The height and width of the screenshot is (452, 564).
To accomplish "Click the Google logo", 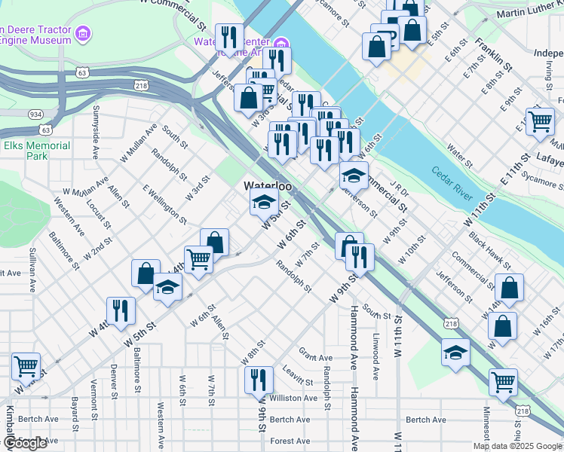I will tap(25, 443).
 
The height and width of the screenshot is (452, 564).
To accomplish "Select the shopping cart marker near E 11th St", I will tap(540, 121).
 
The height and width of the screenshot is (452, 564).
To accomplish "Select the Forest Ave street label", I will tap(290, 441).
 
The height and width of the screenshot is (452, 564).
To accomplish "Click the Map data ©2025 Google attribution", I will tap(517, 446).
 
